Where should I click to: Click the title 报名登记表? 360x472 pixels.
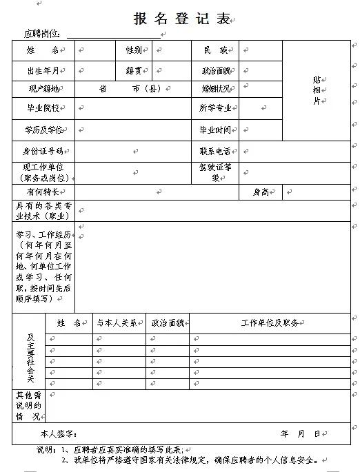point(181,19)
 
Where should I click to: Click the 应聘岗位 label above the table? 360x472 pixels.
point(42,33)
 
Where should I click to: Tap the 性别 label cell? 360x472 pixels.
point(133,50)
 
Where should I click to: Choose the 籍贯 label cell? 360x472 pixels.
point(133,70)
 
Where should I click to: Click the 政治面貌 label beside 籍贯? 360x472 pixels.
point(217,70)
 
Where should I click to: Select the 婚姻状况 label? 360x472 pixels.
point(216,89)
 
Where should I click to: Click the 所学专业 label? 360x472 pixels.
point(215,108)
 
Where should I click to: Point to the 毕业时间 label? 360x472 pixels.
point(215,130)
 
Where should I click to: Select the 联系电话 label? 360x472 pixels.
point(215,151)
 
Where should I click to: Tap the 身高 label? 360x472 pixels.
point(261,192)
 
